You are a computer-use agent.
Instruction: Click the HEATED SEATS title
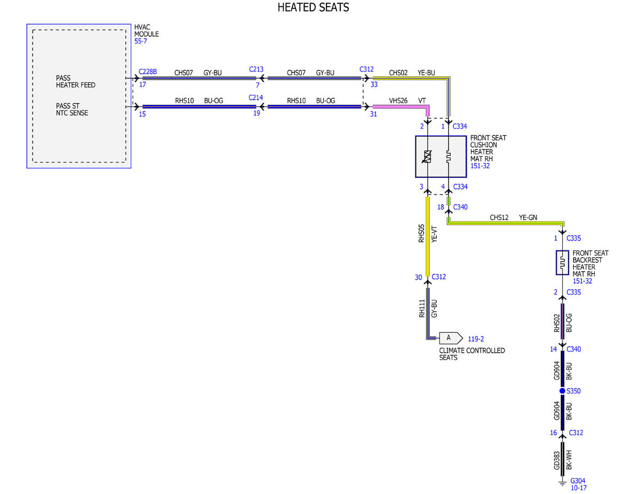313,7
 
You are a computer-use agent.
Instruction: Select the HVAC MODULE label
146,30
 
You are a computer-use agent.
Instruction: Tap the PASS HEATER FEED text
76,82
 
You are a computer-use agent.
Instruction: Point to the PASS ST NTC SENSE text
72,109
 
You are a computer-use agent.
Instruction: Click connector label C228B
148,71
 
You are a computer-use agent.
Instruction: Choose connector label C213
256,69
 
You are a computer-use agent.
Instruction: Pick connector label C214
255,98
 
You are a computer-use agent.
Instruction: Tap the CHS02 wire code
398,72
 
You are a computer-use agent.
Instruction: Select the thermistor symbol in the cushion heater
427,157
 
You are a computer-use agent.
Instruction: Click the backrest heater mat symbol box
562,263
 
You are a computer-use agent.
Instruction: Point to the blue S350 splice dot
562,391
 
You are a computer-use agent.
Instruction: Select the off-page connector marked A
451,338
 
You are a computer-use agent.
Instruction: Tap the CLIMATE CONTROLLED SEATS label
472,354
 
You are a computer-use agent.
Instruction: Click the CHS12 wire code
499,217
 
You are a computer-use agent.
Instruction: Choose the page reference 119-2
476,338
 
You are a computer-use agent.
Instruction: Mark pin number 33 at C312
374,84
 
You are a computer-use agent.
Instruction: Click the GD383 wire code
556,460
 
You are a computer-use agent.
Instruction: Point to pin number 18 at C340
441,207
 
